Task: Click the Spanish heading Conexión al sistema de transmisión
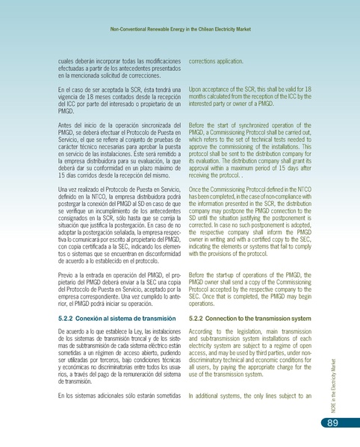[x=123, y=319]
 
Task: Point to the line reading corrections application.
[x=217, y=59]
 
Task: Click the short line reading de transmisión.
[x=80, y=381]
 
